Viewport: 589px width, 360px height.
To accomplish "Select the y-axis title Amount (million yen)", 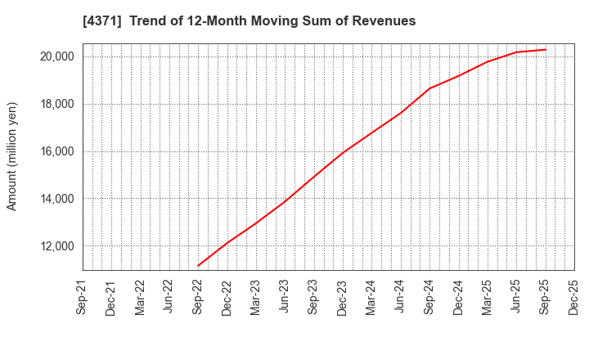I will click(x=12, y=156).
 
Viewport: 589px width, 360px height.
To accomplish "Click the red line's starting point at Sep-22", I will click(x=199, y=266).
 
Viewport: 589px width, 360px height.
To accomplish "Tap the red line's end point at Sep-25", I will click(x=545, y=49).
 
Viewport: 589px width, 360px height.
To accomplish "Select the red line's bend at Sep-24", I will click(x=429, y=88).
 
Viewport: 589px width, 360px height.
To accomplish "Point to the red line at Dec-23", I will click(x=343, y=153).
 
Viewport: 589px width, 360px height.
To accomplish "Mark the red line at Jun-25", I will click(x=516, y=52).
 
